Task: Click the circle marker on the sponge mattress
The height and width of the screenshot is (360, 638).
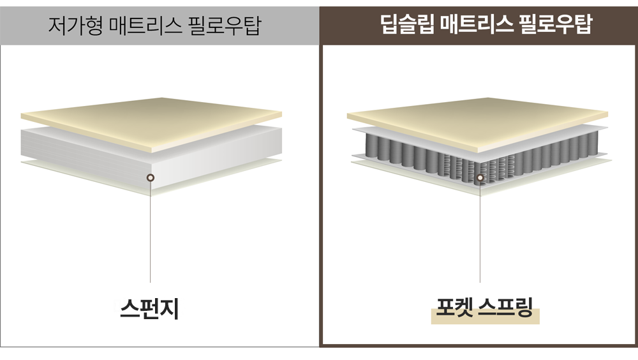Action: pyautogui.click(x=150, y=177)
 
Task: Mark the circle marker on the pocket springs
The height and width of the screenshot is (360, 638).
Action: pyautogui.click(x=480, y=177)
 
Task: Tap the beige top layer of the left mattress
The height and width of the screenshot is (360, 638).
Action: pyautogui.click(x=151, y=118)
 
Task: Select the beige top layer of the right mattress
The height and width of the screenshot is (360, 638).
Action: pyautogui.click(x=477, y=118)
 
